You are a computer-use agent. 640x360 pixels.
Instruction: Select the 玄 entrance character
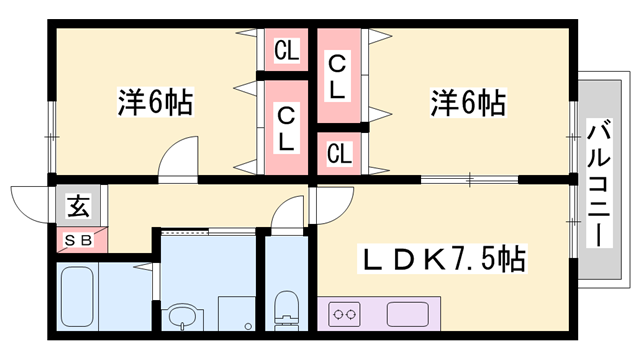pyautogui.click(x=77, y=207)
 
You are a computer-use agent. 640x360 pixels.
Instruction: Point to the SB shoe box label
pyautogui.click(x=77, y=240)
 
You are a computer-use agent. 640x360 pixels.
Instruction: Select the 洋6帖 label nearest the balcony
pyautogui.click(x=467, y=102)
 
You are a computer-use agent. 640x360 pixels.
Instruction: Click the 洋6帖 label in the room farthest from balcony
pyautogui.click(x=155, y=102)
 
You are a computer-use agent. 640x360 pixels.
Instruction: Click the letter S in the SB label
pyautogui.click(x=70, y=240)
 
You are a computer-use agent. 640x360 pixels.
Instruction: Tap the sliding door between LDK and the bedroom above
pyautogui.click(x=470, y=180)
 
